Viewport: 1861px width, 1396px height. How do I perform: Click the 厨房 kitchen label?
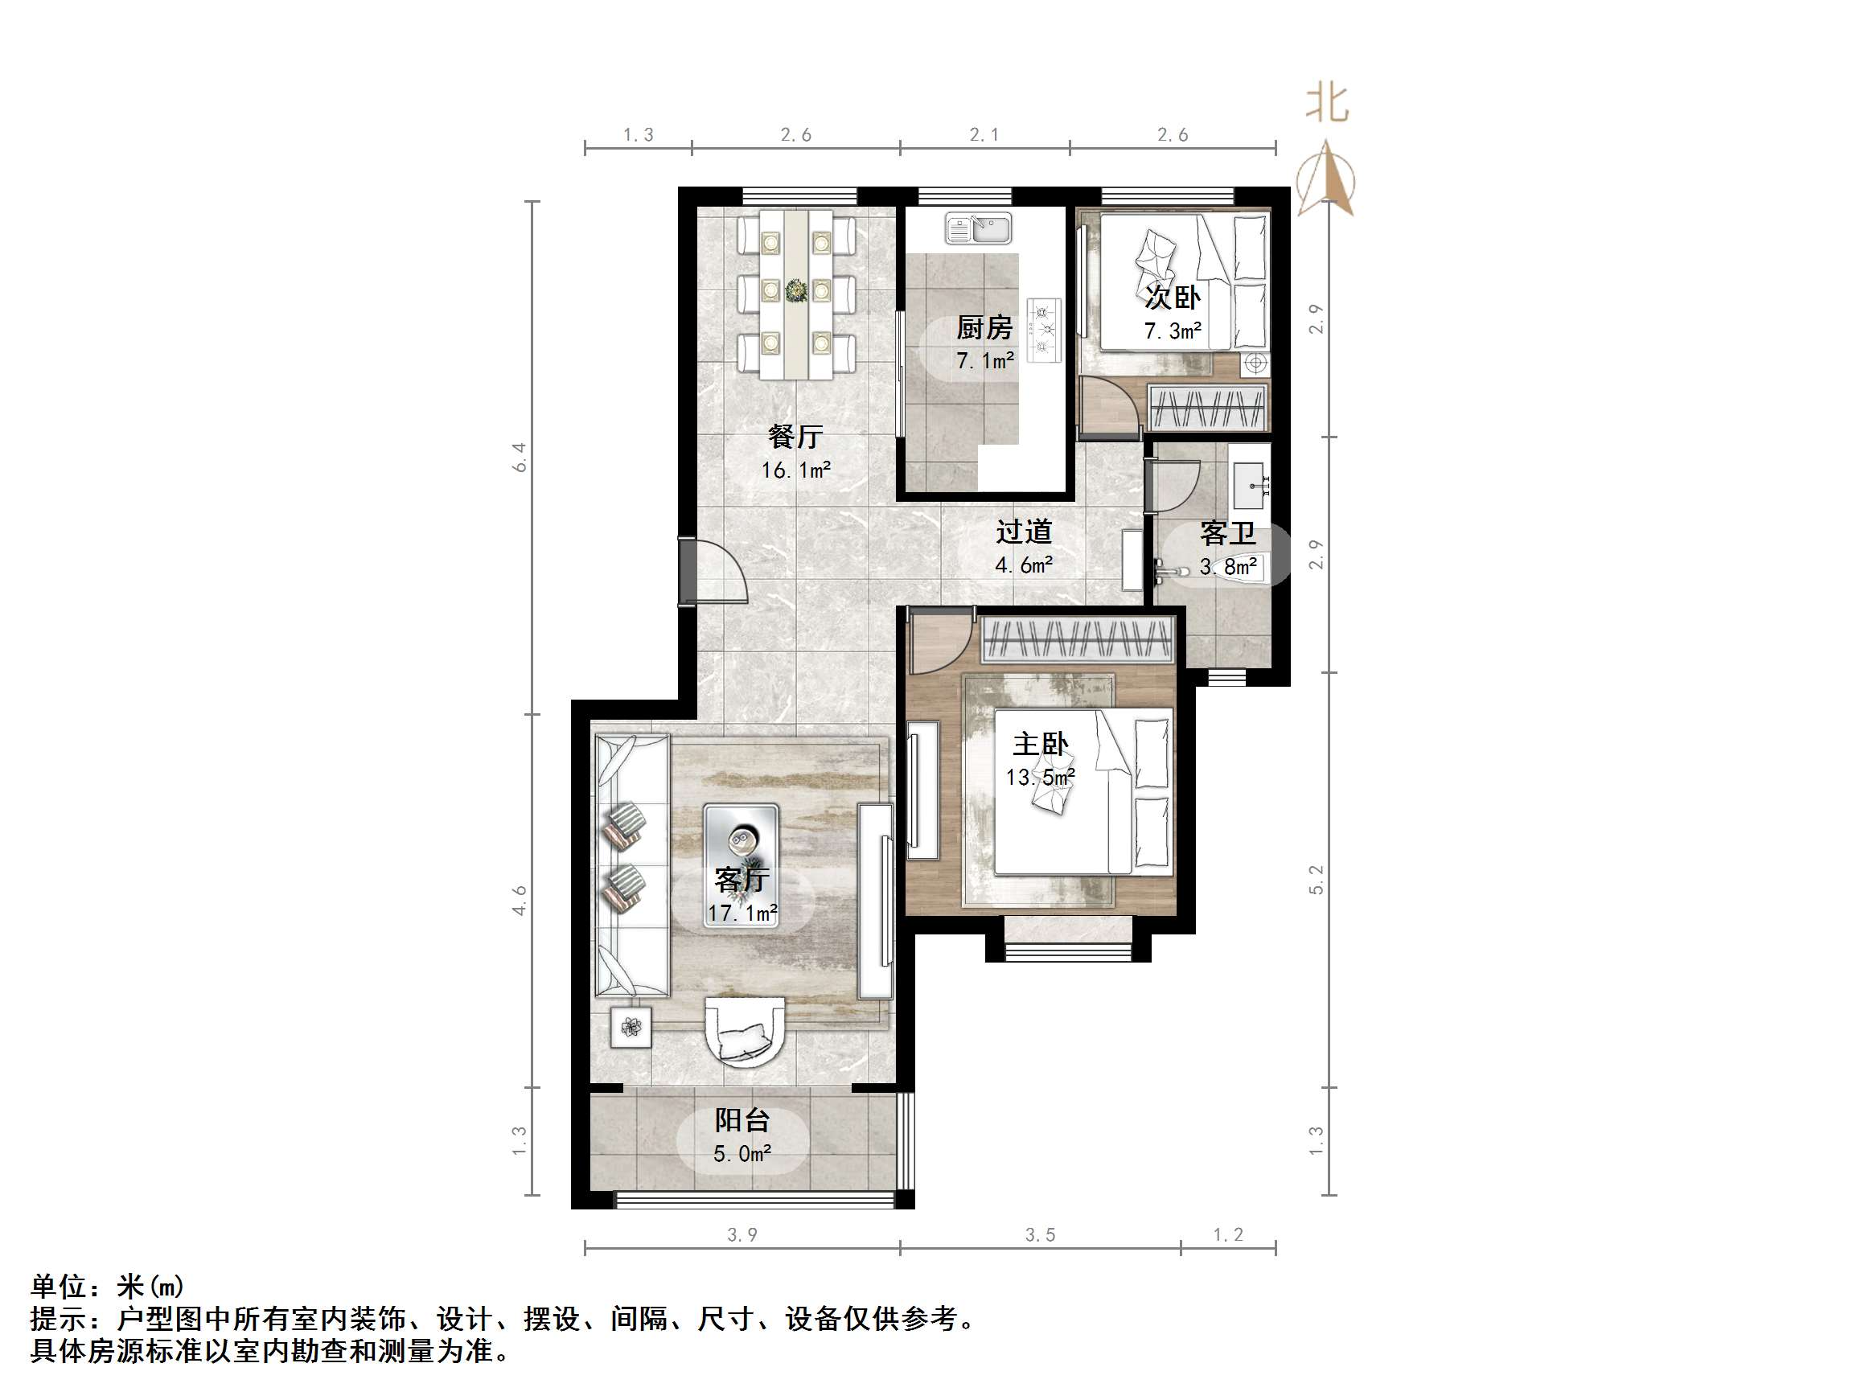(x=984, y=327)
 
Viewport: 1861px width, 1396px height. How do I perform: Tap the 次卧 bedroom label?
(x=1172, y=297)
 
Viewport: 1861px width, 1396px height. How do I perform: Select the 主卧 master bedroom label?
(x=1040, y=744)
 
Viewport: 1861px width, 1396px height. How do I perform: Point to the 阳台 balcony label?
(x=742, y=1120)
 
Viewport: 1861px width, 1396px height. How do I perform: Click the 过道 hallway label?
(x=1024, y=532)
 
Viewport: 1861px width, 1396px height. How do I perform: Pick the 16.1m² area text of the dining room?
(x=796, y=470)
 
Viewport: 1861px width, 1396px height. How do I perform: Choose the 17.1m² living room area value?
(x=742, y=913)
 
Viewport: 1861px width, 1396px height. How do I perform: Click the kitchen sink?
(x=978, y=228)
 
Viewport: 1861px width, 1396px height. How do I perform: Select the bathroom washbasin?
(x=1251, y=486)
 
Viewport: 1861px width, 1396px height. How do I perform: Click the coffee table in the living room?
(x=742, y=865)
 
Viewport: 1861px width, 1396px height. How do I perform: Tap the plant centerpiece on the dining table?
(x=796, y=291)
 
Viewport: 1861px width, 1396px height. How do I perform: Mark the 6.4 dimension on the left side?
(x=520, y=457)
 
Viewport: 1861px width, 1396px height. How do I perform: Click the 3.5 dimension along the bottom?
(x=1040, y=1234)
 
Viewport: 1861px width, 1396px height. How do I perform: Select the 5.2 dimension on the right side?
(x=1317, y=880)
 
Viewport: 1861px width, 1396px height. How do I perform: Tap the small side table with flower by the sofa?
(x=631, y=1027)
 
